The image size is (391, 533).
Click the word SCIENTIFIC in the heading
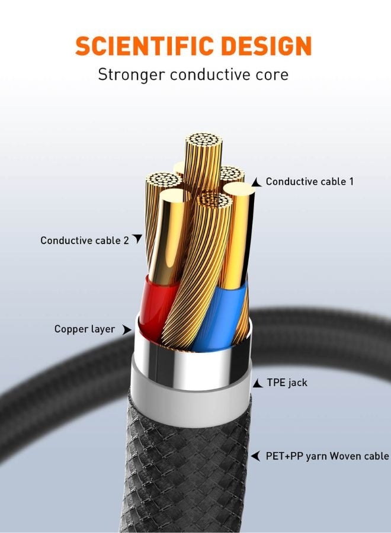click(140, 46)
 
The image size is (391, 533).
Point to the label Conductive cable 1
click(309, 182)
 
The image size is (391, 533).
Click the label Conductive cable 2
click(84, 240)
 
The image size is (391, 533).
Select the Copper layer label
click(85, 329)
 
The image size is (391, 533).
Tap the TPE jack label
click(287, 383)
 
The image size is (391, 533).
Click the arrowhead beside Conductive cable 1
click(256, 183)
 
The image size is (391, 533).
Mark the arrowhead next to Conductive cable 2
click(137, 239)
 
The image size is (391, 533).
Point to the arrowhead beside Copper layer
click(126, 329)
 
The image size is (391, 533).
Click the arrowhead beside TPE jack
click(257, 384)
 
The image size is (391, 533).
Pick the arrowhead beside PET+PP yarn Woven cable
click(255, 456)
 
